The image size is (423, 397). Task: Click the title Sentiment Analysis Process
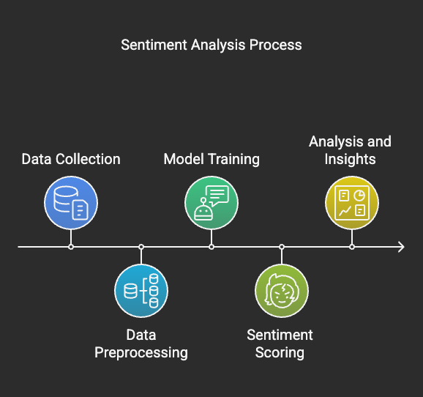point(211,45)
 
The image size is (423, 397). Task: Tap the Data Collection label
point(71,159)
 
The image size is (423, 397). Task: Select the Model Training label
point(211,159)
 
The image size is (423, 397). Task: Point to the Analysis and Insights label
point(350,150)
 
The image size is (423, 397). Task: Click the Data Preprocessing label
point(141,344)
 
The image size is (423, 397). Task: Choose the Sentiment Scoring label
point(280,344)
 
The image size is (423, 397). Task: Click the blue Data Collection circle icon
point(71,203)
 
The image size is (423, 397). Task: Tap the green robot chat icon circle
point(211,203)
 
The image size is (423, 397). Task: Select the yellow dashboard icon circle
point(352,203)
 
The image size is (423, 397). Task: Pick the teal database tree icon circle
point(141,291)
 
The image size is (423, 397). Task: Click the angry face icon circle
point(282,291)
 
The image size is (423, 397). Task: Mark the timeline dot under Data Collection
point(71,247)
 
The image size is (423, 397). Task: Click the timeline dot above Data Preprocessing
point(141,247)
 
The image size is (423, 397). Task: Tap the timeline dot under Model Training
point(211,247)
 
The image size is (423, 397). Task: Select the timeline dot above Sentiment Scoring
point(282,247)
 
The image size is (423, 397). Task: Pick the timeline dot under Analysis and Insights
point(352,247)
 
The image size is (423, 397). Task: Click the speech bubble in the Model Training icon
point(217,195)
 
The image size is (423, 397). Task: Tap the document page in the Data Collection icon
point(80,209)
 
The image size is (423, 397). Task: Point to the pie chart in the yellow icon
point(359,196)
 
